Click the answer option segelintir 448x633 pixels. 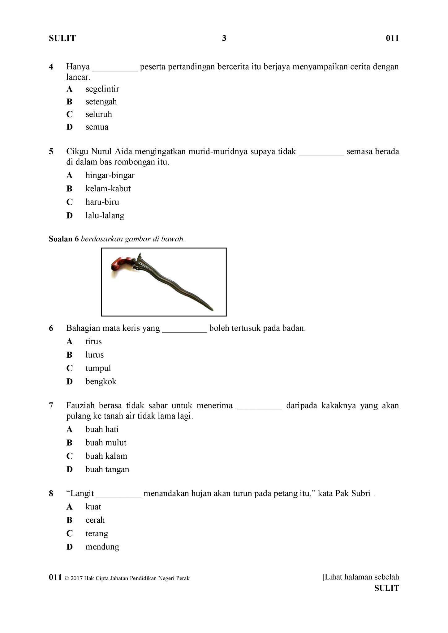[x=102, y=89]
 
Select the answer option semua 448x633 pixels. [x=97, y=127]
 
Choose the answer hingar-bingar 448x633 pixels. [x=110, y=175]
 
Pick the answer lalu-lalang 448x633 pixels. [x=105, y=215]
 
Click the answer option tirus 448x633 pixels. [x=93, y=342]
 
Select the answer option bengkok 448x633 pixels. [x=101, y=381]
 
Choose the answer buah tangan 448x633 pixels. [x=107, y=469]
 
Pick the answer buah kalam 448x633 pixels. [x=106, y=456]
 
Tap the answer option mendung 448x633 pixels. [x=102, y=547]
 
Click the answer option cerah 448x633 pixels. [x=95, y=520]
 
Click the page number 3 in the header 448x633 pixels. [x=224, y=38]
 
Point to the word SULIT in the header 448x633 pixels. [x=62, y=38]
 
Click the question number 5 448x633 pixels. [x=51, y=151]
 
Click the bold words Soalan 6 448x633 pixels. [x=64, y=239]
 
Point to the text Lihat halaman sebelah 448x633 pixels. [x=361, y=577]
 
